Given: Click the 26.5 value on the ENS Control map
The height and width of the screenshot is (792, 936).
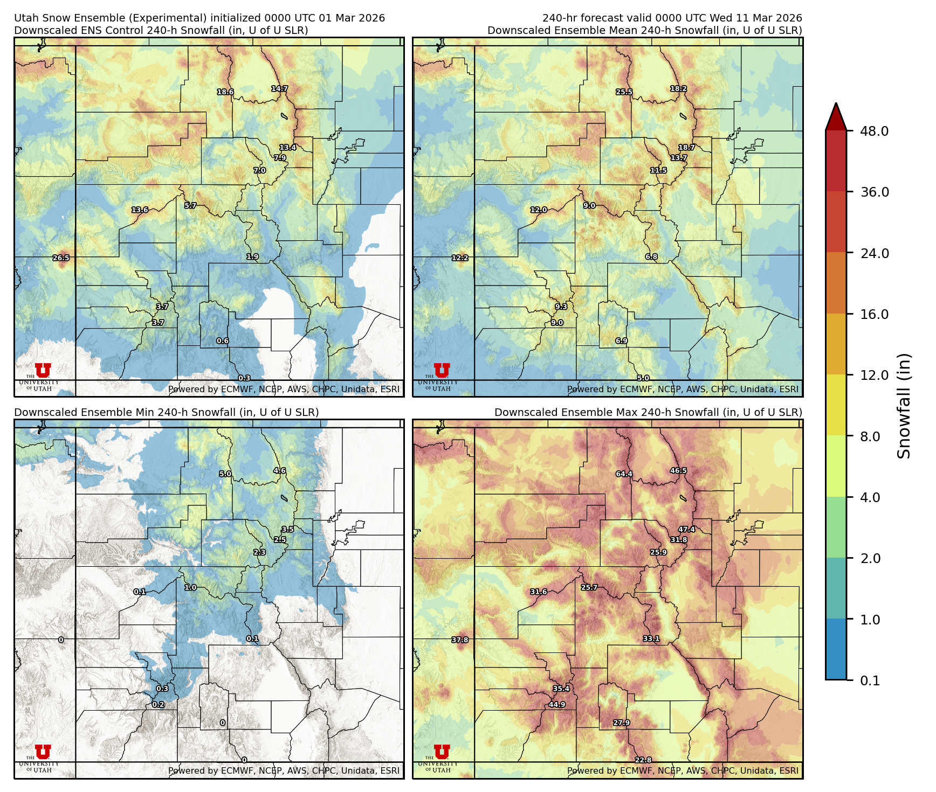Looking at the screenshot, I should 61,258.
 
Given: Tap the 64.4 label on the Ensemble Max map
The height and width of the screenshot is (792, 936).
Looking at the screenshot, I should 624,474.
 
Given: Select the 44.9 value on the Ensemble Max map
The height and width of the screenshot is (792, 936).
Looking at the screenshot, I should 557,704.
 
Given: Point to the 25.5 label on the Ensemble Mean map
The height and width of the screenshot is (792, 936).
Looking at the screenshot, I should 624,92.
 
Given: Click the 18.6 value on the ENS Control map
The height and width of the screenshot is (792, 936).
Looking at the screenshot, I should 225,92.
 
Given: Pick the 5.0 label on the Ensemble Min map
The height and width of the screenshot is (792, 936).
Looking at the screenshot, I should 225,474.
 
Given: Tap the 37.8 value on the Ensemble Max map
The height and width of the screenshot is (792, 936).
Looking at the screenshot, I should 460,640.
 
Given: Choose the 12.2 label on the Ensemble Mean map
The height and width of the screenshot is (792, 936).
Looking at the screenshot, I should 460,258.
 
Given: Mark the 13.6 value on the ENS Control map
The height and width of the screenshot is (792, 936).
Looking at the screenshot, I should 140,210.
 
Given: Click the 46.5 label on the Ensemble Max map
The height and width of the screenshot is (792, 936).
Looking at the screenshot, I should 678,470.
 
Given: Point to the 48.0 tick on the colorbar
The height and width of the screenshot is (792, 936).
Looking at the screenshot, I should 874,131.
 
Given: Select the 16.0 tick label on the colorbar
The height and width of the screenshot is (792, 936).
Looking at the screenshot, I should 874,314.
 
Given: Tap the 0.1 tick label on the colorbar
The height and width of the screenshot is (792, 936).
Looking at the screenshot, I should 870,681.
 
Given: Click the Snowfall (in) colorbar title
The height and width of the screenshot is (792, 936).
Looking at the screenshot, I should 904,406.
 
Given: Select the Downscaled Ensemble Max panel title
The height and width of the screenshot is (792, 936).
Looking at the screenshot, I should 648,412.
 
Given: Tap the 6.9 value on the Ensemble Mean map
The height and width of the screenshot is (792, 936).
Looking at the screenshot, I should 622,341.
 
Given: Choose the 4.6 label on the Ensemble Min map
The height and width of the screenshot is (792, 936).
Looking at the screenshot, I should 279,470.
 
